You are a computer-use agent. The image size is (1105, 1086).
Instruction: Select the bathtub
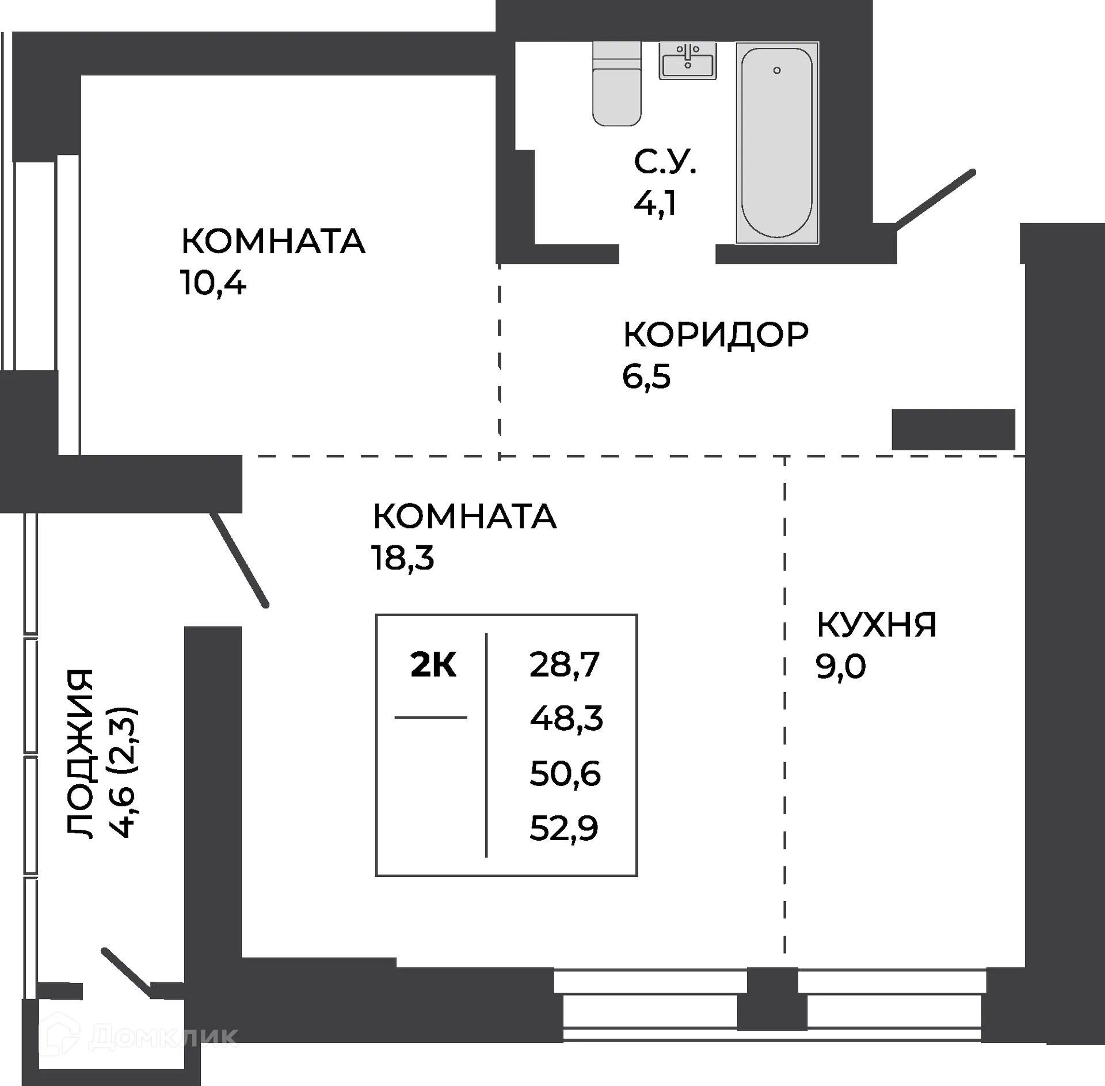(x=776, y=143)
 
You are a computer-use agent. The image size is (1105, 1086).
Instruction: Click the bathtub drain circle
(x=777, y=70)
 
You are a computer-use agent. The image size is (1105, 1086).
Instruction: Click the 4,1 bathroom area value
(x=655, y=203)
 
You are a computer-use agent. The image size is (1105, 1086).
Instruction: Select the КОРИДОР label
(x=716, y=335)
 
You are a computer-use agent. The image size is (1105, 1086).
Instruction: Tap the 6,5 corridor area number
(x=646, y=377)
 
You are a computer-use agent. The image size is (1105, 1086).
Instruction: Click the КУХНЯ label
(x=877, y=624)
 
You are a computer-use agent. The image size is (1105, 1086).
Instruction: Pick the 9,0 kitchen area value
(x=840, y=667)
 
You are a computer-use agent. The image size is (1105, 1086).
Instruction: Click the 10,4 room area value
(x=214, y=283)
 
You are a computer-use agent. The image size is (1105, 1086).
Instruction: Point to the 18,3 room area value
(x=402, y=557)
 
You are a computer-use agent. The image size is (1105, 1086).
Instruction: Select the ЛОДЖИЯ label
(x=79, y=755)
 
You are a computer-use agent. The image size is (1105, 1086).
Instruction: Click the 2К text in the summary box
(x=433, y=665)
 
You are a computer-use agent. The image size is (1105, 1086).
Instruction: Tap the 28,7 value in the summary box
(x=565, y=664)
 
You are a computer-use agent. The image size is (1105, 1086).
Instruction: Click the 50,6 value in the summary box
(x=565, y=774)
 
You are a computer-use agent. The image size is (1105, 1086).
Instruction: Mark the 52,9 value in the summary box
(x=564, y=829)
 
